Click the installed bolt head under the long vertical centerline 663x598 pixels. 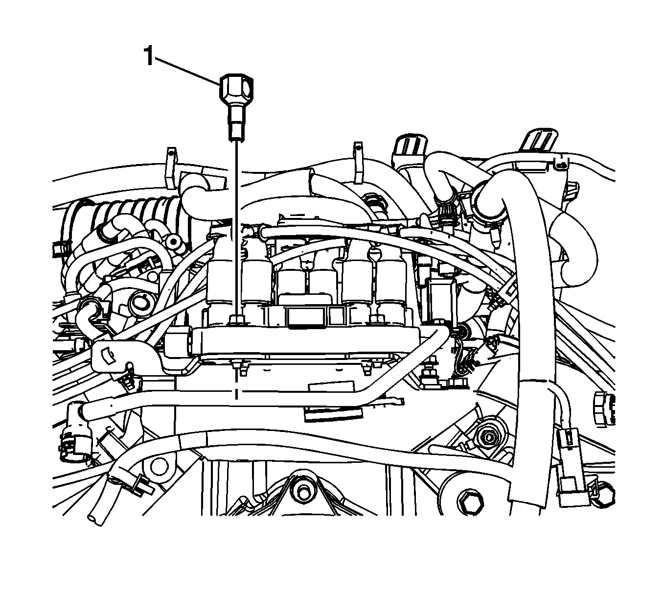[236, 319]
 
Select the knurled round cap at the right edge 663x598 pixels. [604, 407]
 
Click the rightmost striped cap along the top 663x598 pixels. [539, 140]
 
